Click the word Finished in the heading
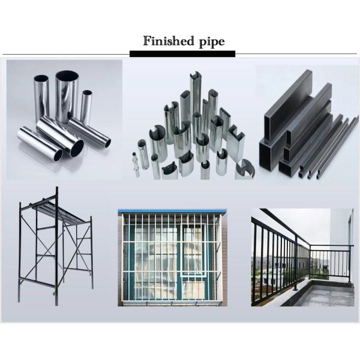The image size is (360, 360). click(x=169, y=41)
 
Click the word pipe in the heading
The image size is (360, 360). click(x=212, y=42)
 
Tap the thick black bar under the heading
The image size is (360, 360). click(x=182, y=54)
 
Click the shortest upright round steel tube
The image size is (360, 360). click(x=86, y=107)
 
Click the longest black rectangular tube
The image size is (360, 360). click(x=288, y=106)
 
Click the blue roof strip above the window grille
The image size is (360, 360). click(x=172, y=211)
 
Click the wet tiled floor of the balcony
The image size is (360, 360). click(x=331, y=296)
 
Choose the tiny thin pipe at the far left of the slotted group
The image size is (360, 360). click(x=136, y=164)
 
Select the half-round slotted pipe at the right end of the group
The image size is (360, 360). click(x=245, y=169)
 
